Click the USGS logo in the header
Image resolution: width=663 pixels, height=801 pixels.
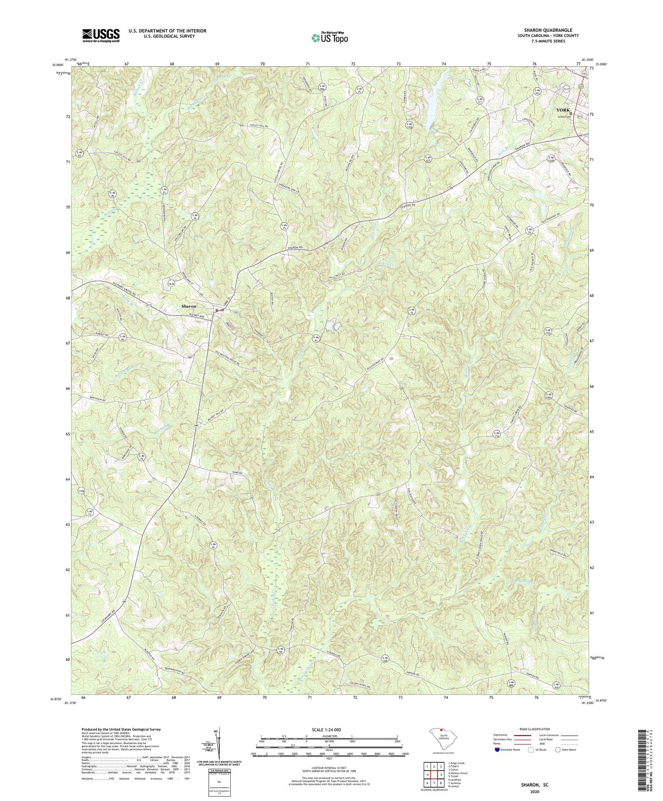point(101,35)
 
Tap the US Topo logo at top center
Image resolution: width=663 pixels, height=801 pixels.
point(329,38)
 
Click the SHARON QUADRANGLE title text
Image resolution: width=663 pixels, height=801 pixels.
point(549,30)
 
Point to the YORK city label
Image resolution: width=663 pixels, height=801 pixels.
point(564,109)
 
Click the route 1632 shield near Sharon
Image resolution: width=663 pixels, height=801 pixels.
point(171,285)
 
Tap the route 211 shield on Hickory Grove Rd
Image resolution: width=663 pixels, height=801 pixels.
point(149,305)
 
